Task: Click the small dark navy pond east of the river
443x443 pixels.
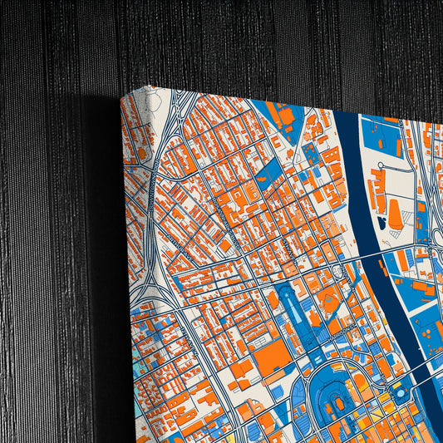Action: tap(381, 223)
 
